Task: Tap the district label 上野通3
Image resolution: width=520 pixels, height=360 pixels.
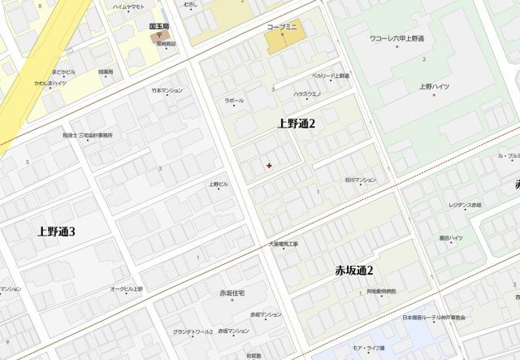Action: (56, 232)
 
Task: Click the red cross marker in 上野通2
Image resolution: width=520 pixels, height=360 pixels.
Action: (269, 166)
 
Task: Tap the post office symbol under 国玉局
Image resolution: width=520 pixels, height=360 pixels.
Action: (159, 36)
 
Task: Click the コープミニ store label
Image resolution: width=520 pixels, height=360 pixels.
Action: (283, 27)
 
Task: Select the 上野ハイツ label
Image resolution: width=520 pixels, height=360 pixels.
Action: (435, 85)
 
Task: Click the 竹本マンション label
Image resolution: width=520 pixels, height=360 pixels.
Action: (167, 90)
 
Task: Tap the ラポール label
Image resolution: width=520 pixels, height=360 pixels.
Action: (234, 101)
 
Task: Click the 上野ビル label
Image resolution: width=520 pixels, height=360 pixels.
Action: (219, 184)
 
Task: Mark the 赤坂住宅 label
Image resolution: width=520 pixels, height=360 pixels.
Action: (232, 293)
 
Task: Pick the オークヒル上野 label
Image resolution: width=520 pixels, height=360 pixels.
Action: (126, 288)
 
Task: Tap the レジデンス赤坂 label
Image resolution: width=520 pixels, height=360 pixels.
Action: (465, 205)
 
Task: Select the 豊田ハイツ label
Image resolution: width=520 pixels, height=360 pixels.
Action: (451, 238)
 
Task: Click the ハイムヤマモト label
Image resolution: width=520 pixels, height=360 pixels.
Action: (128, 7)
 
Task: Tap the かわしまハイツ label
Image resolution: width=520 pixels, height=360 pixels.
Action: (50, 83)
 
